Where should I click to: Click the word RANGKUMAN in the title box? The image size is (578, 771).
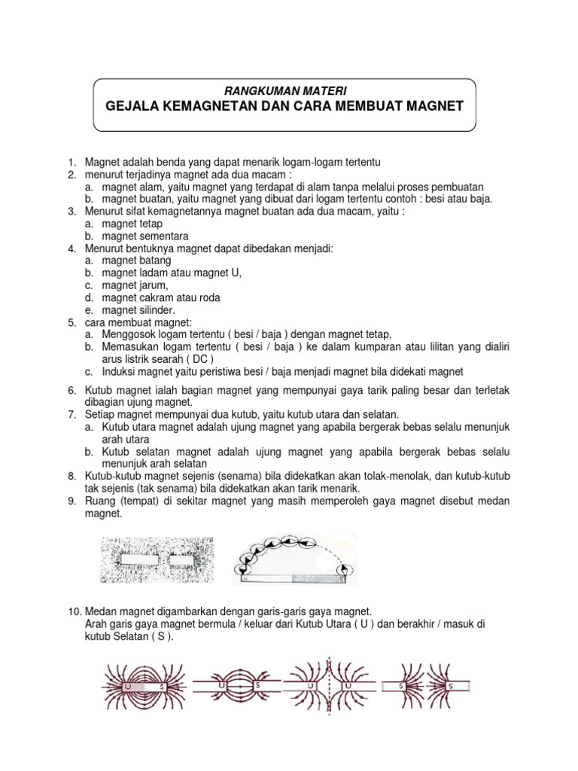[x=259, y=90]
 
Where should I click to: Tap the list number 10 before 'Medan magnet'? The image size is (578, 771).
[x=71, y=613]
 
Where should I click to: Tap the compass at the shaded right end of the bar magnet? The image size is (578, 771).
[x=344, y=573]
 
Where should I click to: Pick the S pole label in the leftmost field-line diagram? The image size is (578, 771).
[x=162, y=687]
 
